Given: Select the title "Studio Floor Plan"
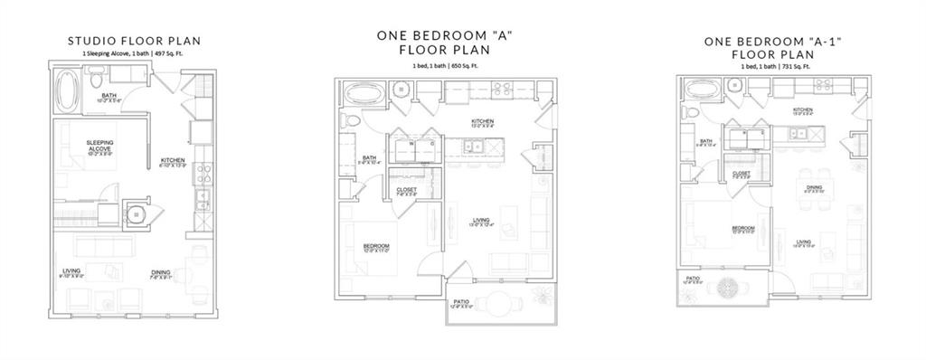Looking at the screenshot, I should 135,41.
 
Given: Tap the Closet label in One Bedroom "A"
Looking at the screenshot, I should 407,189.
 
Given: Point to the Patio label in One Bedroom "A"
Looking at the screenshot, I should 460,301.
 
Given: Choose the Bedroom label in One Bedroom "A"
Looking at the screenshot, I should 376,247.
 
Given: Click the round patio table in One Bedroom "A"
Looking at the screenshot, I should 493,301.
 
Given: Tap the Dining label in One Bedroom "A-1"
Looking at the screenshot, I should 814,187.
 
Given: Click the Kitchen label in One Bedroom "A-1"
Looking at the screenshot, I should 803,109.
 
